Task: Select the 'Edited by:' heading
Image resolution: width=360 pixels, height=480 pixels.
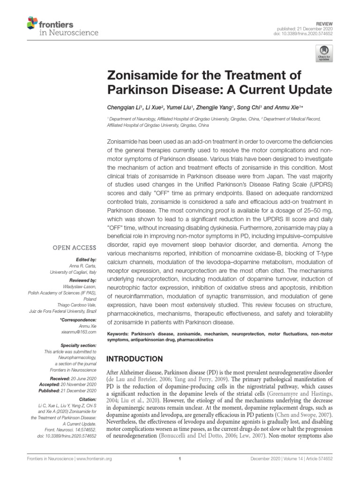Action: pyautogui.click(x=86, y=259)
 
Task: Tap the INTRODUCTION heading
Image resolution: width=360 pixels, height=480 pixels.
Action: pyautogui.click(x=135, y=359)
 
